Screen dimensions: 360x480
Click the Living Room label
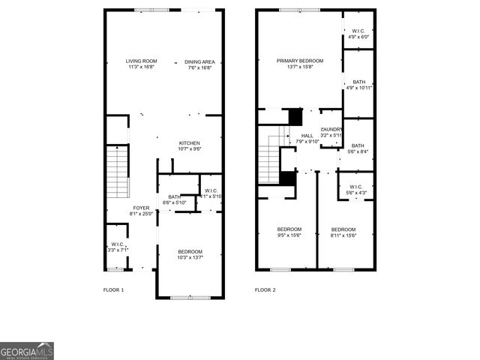point(141,61)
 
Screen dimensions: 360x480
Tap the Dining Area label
point(199,61)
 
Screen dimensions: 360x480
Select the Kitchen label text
point(189,142)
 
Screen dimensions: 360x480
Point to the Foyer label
point(142,208)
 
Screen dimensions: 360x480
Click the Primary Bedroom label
point(299,61)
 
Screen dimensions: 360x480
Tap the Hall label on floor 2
point(307,135)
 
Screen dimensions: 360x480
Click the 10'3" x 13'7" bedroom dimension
point(189,258)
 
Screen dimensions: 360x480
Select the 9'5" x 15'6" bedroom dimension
point(289,235)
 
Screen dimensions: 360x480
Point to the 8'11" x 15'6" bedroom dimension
point(343,235)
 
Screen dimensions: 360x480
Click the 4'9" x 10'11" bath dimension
point(359,88)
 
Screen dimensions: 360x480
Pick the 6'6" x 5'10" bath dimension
point(174,202)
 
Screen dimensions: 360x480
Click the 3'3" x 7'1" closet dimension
point(118,249)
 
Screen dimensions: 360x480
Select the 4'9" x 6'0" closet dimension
point(358,37)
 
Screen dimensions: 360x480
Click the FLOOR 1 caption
point(113,289)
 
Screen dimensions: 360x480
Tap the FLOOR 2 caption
point(265,289)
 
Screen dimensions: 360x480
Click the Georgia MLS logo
point(27,351)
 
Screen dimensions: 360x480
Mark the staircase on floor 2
point(269,157)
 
